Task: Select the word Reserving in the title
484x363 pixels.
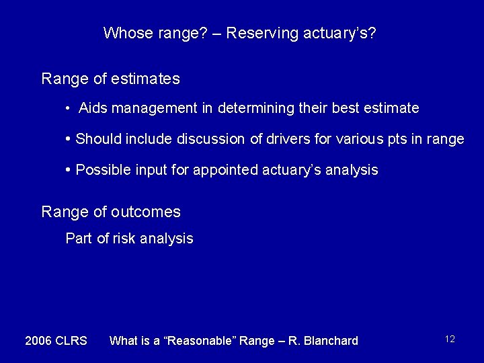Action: click(x=257, y=33)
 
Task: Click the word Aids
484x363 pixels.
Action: click(x=93, y=108)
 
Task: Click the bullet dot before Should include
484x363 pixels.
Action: click(x=69, y=138)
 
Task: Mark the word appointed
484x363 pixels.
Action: click(x=220, y=170)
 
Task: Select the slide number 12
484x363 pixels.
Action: click(x=450, y=339)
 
